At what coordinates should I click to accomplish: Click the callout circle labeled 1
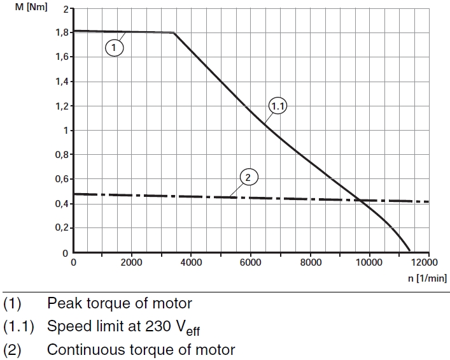coord(114,47)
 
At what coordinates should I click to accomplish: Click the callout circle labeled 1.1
coord(278,107)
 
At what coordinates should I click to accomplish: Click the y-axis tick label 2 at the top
coord(65,9)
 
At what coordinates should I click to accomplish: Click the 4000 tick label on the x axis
coord(192,263)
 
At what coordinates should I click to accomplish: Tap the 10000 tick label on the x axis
coord(369,263)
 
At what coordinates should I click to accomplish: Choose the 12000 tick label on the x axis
coord(428,263)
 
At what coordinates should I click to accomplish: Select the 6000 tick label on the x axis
coord(251,263)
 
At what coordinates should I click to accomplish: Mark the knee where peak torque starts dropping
coord(174,32)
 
